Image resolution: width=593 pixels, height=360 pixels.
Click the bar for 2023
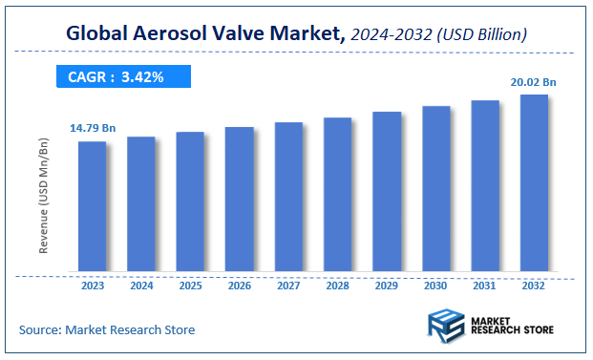tap(92, 206)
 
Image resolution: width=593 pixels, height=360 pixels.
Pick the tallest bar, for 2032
tap(534, 182)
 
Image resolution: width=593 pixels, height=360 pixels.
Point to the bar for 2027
tap(288, 197)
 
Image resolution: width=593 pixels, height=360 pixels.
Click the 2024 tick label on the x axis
tap(141, 286)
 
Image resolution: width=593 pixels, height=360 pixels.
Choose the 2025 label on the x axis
tap(190, 286)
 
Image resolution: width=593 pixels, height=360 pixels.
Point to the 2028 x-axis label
tap(338, 286)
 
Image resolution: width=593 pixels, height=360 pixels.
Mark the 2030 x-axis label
tap(435, 286)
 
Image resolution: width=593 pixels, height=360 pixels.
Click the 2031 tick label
tap(485, 286)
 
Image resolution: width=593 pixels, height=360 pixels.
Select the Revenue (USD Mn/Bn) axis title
tap(44, 198)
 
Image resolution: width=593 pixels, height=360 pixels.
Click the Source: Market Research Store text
tap(106, 330)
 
